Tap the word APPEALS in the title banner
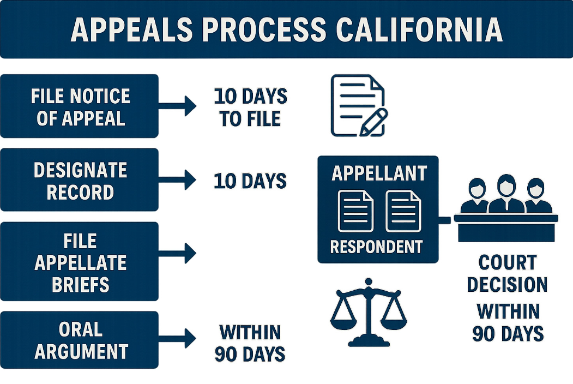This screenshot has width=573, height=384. pos(131,31)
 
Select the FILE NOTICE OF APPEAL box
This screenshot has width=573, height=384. pos(80,106)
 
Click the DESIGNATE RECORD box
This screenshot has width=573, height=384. pos(80,181)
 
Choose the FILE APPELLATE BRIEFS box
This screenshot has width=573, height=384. pos(80,262)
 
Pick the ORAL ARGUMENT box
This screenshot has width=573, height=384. pos(80,340)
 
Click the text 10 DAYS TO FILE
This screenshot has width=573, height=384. pos(250,107)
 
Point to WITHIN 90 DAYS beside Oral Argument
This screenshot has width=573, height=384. pos(250,343)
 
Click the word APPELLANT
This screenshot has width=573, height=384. pos(379,173)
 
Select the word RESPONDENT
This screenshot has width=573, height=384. pos(376,247)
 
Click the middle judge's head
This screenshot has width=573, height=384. pos(506,184)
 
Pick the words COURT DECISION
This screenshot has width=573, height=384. pos(507,274)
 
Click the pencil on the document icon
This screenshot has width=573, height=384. pos(374,122)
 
